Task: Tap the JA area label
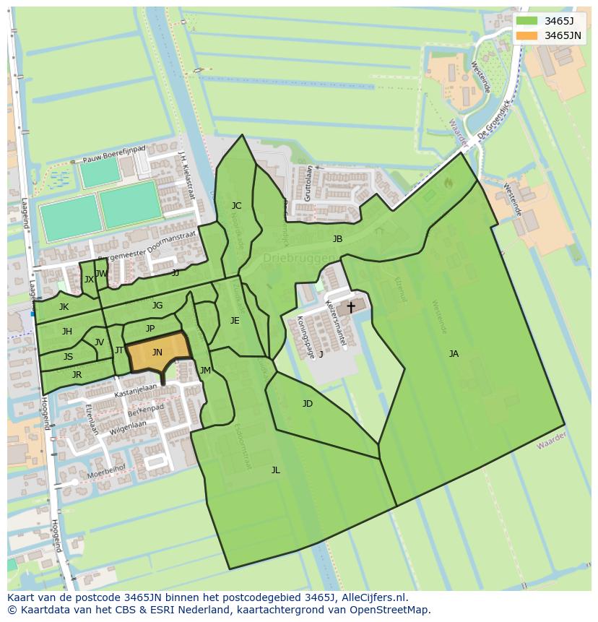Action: coord(454,354)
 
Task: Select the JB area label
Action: coord(337,239)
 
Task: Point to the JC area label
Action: coord(236,206)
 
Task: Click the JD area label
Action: coord(308,404)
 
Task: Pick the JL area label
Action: coord(275,470)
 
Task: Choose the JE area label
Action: coord(235,321)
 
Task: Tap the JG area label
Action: coord(157,306)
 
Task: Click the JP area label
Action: coord(150,329)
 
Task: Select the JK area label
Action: coord(64,307)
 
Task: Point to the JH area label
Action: coord(66,332)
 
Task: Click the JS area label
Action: coord(68,357)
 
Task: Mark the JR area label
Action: coord(77,375)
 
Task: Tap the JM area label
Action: coord(205,371)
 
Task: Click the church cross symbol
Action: coord(351,307)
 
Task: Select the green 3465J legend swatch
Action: coord(527,20)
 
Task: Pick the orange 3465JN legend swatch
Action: coord(527,35)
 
